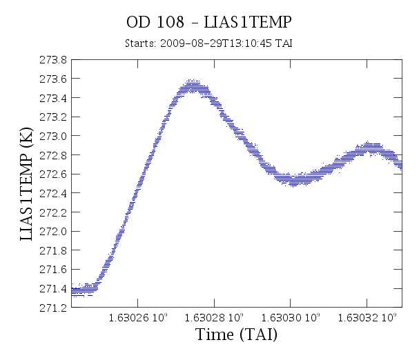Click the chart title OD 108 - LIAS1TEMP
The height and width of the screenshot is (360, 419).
click(209, 22)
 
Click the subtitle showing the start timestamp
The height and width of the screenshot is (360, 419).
click(208, 43)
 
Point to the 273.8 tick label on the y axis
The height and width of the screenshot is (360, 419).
click(53, 60)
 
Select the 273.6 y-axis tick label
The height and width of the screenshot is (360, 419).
click(53, 79)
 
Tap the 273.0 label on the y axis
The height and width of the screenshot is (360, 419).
click(53, 136)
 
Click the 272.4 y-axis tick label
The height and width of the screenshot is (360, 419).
click(53, 193)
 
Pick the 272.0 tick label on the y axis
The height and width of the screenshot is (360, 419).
click(53, 232)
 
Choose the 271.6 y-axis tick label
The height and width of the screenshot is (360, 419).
click(53, 270)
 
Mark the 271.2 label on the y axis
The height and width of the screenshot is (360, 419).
click(53, 308)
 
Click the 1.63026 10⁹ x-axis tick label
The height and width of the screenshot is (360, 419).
click(138, 317)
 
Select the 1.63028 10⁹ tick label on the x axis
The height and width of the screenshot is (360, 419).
click(214, 317)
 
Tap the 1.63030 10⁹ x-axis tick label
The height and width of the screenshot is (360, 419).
click(291, 317)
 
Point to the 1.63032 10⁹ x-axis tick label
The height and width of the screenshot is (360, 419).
click(367, 317)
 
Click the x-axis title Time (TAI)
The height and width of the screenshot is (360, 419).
click(236, 334)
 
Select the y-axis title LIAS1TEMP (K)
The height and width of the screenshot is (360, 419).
click(26, 184)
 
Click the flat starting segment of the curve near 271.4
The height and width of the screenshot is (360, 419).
click(84, 290)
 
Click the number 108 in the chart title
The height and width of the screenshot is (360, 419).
click(170, 22)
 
